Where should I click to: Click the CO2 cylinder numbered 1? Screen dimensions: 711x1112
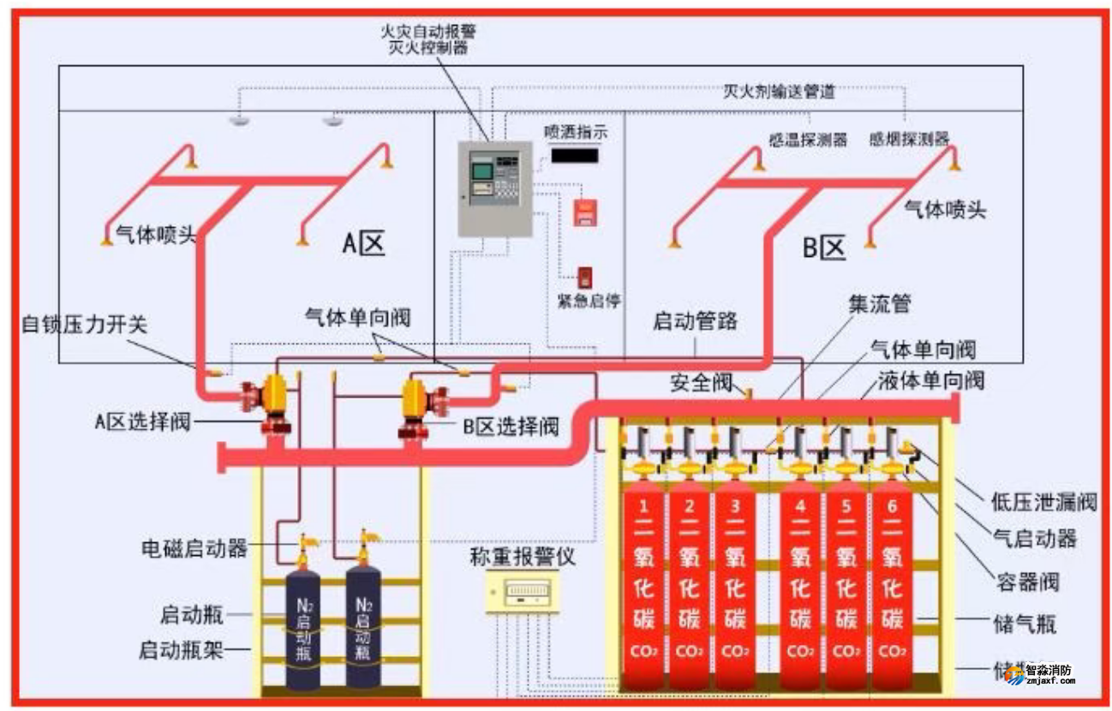643,591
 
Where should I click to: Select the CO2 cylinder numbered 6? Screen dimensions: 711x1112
892,591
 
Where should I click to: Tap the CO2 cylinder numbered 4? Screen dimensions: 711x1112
799,591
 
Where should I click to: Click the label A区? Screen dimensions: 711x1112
363,245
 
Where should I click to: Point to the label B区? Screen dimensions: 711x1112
823,248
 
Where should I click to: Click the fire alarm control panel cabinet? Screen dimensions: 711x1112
494,188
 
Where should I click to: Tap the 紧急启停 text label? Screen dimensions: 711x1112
589,302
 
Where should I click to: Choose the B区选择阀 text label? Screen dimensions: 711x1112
511,426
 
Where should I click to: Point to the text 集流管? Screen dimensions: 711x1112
879,304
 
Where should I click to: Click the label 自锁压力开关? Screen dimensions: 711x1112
84,325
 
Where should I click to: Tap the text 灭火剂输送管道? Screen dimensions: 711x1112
779,92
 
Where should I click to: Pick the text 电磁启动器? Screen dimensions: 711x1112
194,548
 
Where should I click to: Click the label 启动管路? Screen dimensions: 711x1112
695,322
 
